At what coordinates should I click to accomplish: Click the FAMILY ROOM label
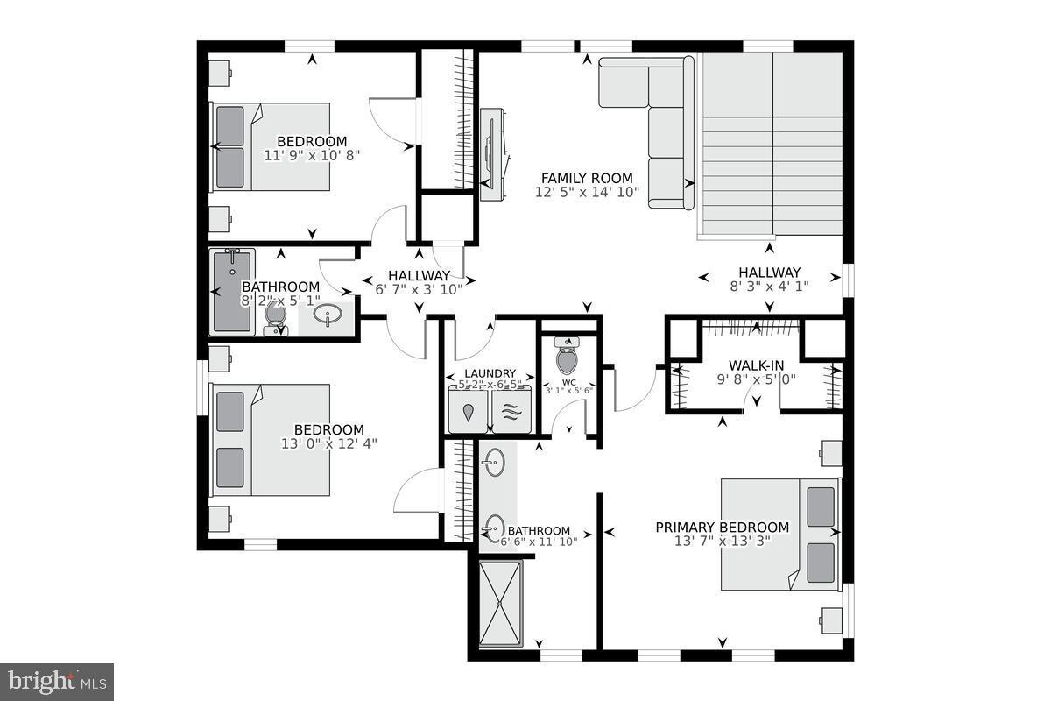[584, 178]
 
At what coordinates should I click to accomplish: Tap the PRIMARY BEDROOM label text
[723, 528]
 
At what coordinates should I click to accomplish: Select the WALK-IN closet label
[757, 365]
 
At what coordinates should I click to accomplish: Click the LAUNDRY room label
[490, 373]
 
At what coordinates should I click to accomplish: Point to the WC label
[569, 382]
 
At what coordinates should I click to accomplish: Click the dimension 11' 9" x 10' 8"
[312, 155]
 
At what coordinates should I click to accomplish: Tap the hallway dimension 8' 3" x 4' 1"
[769, 286]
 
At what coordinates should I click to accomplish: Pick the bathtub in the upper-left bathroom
[232, 291]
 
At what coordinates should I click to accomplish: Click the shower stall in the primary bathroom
[500, 603]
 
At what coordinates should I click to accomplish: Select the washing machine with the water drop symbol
[469, 412]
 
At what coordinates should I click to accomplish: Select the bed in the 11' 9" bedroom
[270, 146]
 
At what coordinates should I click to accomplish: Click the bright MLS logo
[57, 681]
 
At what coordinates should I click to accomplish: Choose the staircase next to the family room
[771, 145]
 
